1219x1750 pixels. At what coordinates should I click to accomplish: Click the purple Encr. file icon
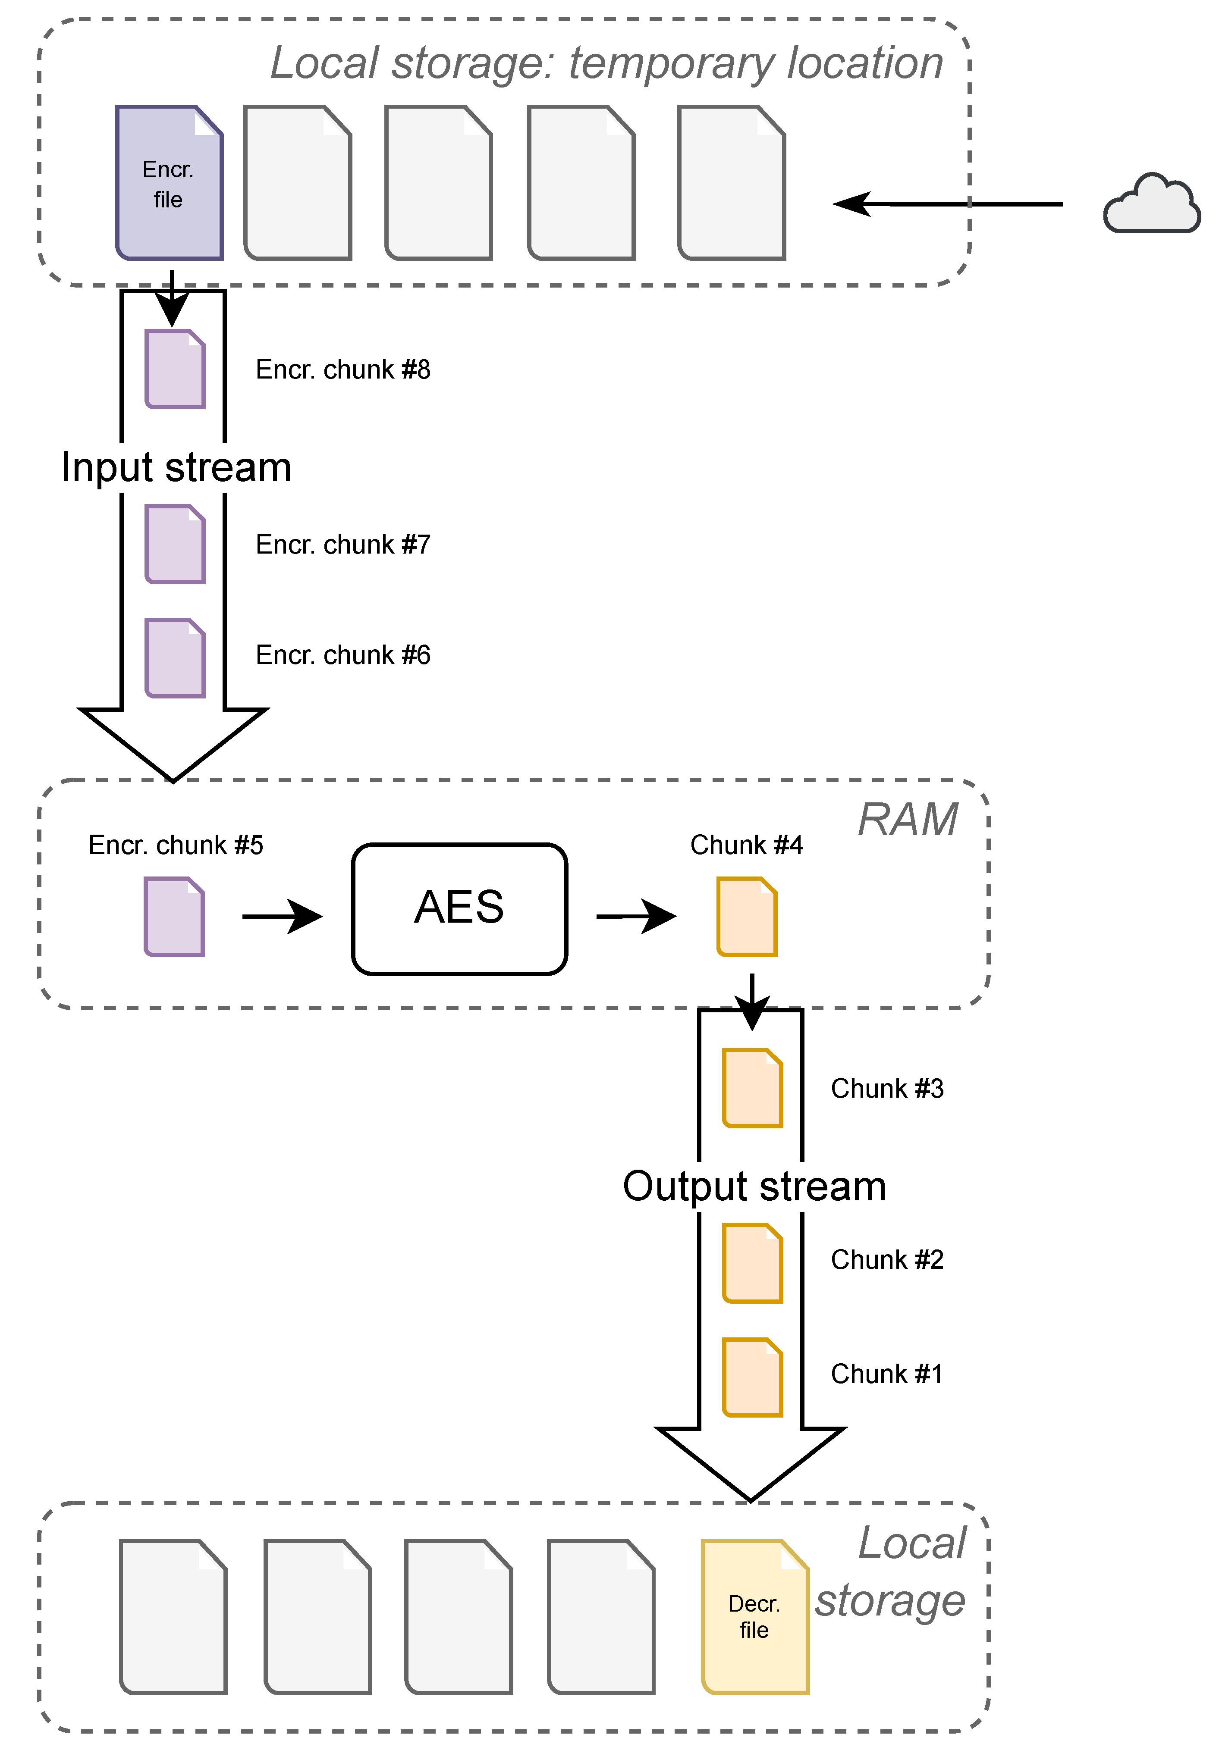coord(169,183)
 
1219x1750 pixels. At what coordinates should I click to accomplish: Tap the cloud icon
coord(1151,204)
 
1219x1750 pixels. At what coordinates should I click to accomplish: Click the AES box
coord(459,908)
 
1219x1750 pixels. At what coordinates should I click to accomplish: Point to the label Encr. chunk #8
coord(342,369)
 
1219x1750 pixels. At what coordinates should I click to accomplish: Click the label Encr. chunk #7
coord(342,544)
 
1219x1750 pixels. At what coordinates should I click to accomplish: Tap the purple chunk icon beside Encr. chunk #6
coord(175,658)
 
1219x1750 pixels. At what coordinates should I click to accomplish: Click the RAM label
coord(907,820)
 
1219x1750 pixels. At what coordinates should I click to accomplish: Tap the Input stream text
coord(176,467)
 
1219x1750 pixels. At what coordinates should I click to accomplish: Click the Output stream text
coord(754,1186)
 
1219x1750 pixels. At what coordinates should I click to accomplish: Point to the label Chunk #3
coord(886,1088)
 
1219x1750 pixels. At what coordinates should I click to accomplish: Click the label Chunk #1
coord(886,1374)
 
